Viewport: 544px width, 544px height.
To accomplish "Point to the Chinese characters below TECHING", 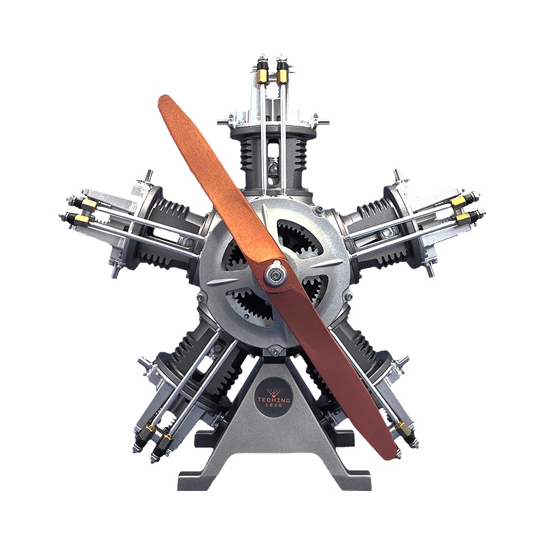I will (x=273, y=407).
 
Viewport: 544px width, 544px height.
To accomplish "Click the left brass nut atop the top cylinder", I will (x=262, y=73).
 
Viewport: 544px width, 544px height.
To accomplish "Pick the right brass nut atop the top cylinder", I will (x=282, y=74).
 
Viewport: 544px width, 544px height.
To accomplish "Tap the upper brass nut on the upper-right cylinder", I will (x=457, y=201).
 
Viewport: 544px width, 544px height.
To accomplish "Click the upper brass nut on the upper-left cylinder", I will (x=88, y=203).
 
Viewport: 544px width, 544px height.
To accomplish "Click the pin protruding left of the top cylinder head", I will (x=221, y=124).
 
